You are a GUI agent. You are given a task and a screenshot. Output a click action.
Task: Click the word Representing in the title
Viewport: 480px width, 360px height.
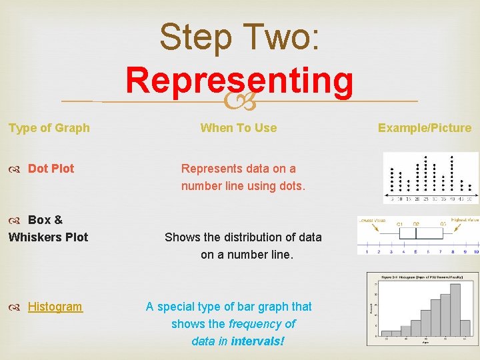click(x=239, y=81)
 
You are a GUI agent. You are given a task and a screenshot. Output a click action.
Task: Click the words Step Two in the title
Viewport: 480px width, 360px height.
click(x=239, y=37)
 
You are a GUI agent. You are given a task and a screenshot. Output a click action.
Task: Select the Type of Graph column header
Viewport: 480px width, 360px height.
click(x=49, y=128)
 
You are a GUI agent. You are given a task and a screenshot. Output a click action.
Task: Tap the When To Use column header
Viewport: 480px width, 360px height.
click(x=239, y=128)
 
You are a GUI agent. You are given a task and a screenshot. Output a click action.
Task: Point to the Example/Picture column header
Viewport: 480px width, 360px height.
click(x=425, y=128)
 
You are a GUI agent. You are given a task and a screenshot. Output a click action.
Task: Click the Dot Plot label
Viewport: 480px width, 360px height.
click(x=51, y=169)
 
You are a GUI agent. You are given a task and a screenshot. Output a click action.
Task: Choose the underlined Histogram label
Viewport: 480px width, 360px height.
click(x=55, y=307)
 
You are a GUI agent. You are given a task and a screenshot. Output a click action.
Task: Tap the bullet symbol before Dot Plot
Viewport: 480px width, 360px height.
click(x=15, y=169)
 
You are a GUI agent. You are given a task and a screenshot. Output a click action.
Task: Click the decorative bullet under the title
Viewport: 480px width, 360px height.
click(x=239, y=102)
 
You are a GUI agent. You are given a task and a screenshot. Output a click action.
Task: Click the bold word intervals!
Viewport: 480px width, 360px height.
click(x=257, y=341)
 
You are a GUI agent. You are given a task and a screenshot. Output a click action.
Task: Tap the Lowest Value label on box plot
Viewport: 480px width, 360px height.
click(x=372, y=220)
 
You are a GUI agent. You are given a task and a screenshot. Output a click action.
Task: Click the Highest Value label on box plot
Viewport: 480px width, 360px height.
click(x=464, y=220)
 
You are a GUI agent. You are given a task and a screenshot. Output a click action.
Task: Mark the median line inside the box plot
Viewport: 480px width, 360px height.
click(x=415, y=233)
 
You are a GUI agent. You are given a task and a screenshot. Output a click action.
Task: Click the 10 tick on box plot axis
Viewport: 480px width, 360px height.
click(x=475, y=251)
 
